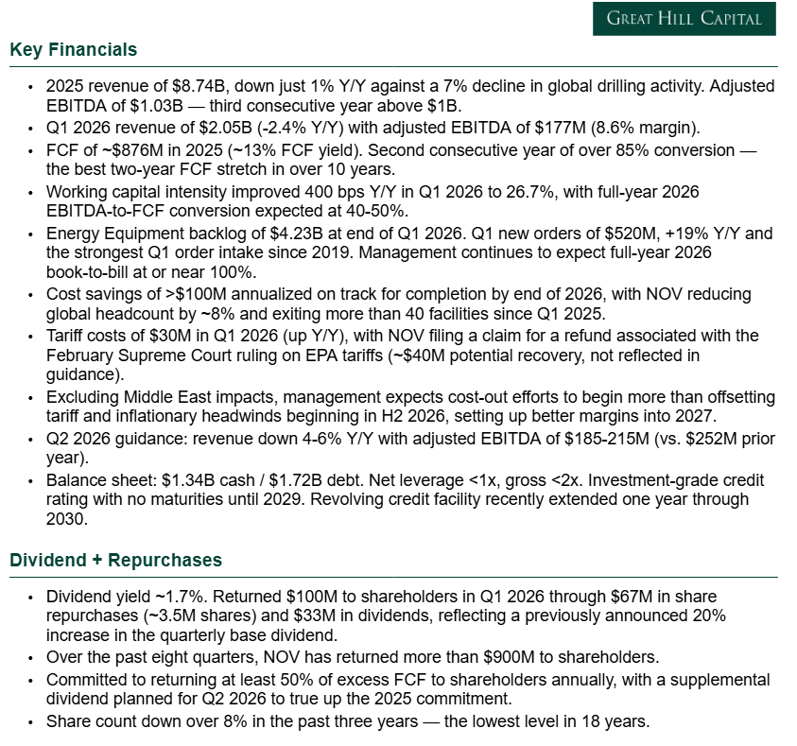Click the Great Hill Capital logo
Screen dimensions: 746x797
pyautogui.click(x=684, y=18)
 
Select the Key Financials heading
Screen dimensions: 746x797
pyautogui.click(x=73, y=50)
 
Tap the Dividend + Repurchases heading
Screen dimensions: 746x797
pyautogui.click(x=115, y=560)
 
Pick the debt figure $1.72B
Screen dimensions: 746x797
pyautogui.click(x=277, y=480)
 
